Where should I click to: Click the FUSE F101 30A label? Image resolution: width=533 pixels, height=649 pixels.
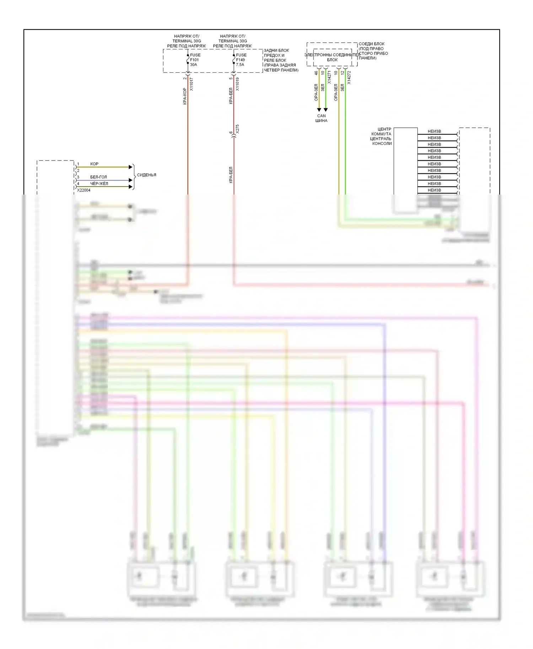pos(195,60)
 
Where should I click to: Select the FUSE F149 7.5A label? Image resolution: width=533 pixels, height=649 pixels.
pos(241,60)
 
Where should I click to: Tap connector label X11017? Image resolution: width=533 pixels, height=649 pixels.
pos(192,84)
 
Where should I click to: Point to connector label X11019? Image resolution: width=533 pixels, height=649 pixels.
pos(237,84)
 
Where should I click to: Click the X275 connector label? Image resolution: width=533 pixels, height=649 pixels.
pos(237,129)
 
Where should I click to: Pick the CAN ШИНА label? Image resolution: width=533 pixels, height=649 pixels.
pos(321,118)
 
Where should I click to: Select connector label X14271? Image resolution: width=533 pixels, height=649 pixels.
pos(329,77)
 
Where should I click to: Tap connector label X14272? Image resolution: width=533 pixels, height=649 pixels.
pos(349,77)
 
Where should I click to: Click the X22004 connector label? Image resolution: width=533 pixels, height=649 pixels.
pos(84,190)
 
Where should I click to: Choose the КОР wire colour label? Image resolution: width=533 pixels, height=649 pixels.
pos(94,164)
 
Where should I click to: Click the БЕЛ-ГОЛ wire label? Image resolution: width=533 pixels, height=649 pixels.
pos(98,177)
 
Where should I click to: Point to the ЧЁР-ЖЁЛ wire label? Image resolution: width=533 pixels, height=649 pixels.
pos(99,184)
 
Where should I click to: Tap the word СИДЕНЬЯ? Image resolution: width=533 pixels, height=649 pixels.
pos(146,175)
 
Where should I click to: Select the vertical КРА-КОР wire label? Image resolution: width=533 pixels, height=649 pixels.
pos(185,96)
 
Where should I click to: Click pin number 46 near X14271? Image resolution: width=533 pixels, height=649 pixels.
pos(316,73)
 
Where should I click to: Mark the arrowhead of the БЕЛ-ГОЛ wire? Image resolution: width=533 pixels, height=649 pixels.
pos(130,180)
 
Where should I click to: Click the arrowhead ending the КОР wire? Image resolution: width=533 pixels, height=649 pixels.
pos(130,167)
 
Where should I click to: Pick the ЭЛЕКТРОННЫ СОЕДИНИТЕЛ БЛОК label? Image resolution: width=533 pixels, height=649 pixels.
pos(332,57)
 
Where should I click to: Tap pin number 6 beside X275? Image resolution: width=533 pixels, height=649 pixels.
pos(231,133)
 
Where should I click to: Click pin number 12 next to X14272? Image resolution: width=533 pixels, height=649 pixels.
pos(343,73)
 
